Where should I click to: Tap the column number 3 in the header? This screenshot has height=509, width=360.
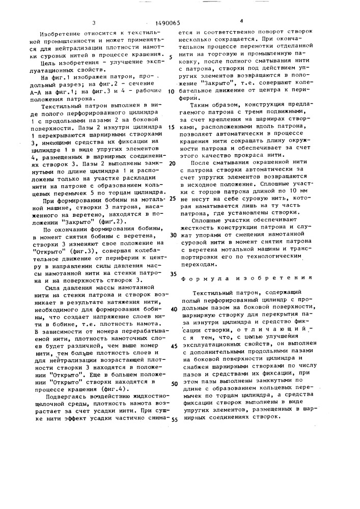(x=94, y=23)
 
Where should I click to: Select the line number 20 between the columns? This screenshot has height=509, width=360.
(x=172, y=163)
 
